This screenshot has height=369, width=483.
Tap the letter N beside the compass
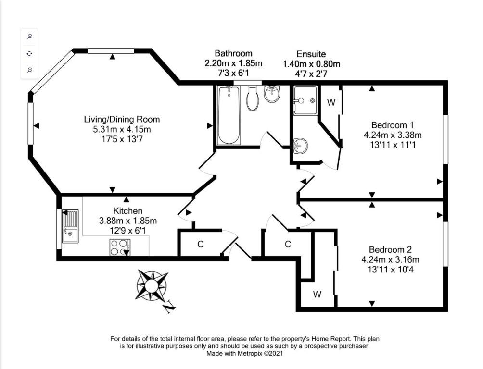point(169,307)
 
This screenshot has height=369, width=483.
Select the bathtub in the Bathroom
point(229,115)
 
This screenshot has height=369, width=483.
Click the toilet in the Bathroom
point(253,98)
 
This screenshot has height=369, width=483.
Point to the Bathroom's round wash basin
point(272,94)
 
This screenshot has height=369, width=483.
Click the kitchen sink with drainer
point(70,226)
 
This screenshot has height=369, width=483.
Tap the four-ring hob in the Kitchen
point(120,247)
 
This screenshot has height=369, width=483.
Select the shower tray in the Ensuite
point(305,100)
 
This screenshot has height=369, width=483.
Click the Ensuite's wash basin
point(300,145)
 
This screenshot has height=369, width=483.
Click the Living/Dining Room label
point(122,119)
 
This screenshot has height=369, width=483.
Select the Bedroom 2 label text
point(390,249)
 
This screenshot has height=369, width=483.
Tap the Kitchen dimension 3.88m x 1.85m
point(128,221)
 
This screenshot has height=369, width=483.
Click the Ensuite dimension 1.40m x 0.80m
point(311,64)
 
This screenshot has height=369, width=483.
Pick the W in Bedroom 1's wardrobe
point(331,102)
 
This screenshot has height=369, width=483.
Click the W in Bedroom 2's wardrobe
point(318,295)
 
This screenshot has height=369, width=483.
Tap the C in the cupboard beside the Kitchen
point(200,245)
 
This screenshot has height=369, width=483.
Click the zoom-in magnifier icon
point(29,37)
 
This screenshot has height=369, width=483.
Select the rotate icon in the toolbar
point(29,53)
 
